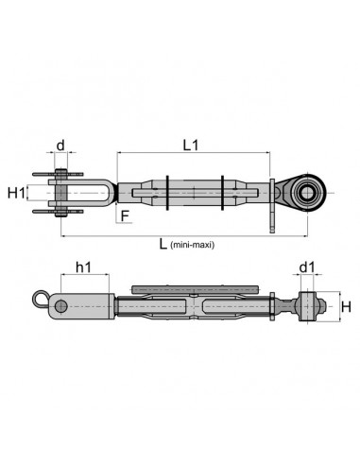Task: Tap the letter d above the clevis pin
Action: [x=60, y=146]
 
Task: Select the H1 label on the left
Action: [x=16, y=193]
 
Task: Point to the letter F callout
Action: [x=124, y=215]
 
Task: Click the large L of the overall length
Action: [x=163, y=243]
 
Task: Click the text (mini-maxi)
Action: [x=194, y=245]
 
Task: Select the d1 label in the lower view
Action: [x=307, y=269]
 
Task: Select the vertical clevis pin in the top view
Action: [x=60, y=191]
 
